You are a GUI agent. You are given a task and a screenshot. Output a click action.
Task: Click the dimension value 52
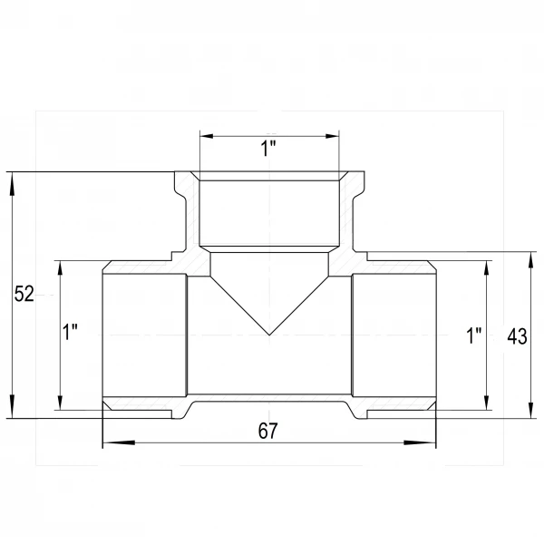[x=24, y=294]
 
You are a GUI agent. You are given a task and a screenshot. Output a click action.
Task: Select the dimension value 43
[x=517, y=336]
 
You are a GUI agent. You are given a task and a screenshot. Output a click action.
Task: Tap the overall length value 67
[x=267, y=431]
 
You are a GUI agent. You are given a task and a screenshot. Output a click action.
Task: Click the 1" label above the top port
[x=267, y=149]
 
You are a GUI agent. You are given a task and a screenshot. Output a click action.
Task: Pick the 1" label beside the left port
[x=70, y=332]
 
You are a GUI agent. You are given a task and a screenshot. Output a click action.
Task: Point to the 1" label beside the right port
[x=474, y=335]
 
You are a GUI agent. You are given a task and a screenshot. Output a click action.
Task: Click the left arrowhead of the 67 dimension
[x=119, y=442]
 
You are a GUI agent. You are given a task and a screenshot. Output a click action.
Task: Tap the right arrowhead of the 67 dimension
[x=420, y=442]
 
